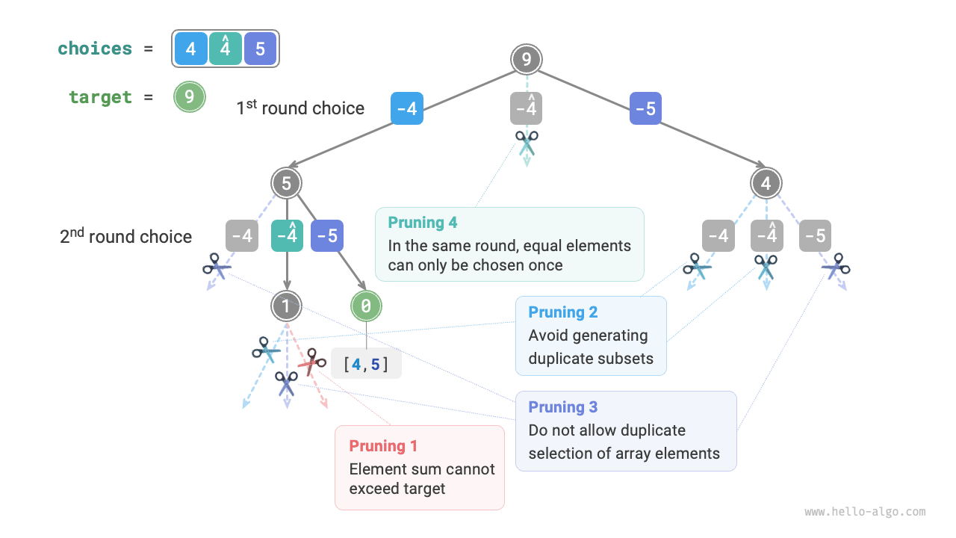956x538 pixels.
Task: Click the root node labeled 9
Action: click(527, 59)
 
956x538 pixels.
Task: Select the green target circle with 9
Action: click(190, 97)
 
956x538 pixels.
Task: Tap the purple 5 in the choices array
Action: click(260, 49)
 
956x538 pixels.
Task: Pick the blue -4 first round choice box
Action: click(407, 109)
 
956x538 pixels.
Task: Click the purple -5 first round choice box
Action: click(645, 109)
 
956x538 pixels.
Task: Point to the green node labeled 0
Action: click(366, 305)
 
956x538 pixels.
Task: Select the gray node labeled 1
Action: click(287, 305)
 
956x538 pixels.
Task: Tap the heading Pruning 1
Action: click(383, 446)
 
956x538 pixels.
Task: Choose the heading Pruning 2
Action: click(562, 312)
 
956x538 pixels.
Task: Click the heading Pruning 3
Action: click(562, 407)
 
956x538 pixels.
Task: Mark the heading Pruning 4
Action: click(422, 223)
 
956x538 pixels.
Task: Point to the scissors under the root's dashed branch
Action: click(527, 140)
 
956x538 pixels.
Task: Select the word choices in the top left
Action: click(95, 49)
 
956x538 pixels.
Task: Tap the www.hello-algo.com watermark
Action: click(865, 513)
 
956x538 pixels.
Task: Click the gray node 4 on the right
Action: click(766, 183)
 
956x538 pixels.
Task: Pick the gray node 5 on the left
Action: click(287, 183)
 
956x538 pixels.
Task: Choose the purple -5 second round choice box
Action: click(326, 236)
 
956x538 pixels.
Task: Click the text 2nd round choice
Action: click(125, 237)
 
